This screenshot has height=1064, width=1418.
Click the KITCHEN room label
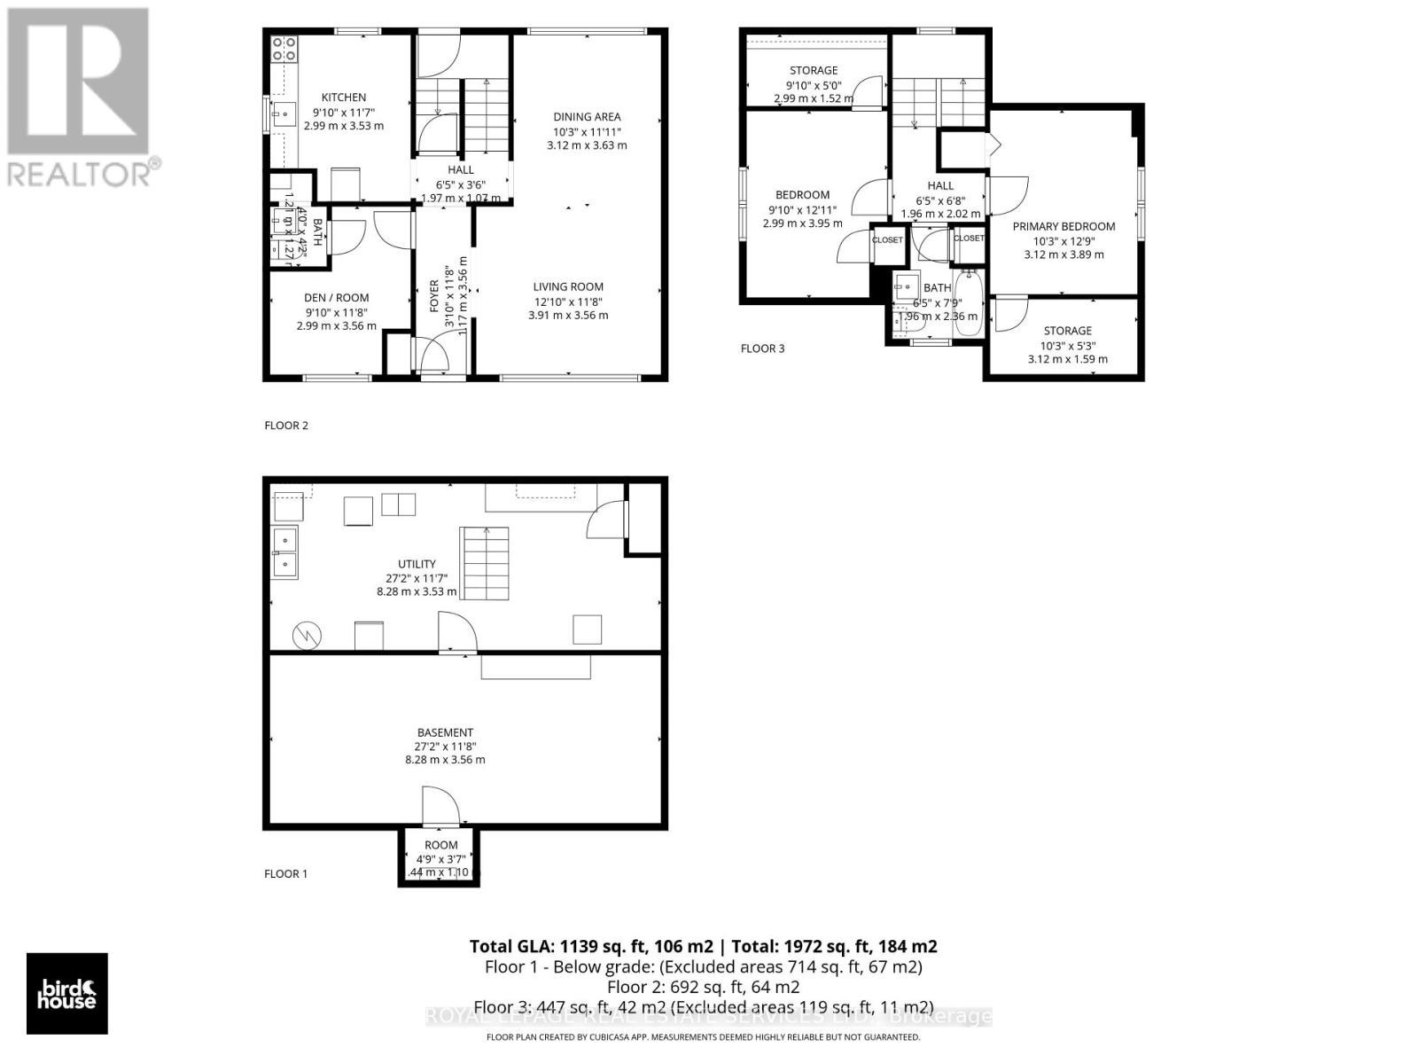point(343,98)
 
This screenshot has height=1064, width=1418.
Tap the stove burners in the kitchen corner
point(284,48)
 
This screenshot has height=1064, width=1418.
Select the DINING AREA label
point(587,117)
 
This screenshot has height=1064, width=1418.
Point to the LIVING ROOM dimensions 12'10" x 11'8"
point(568,301)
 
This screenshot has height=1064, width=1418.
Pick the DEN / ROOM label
point(337,298)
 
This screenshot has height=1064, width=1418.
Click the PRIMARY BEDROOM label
point(1063,226)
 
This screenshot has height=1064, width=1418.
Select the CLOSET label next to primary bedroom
point(968,239)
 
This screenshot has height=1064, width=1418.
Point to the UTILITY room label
point(417,564)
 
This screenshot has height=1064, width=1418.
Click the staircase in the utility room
point(484,563)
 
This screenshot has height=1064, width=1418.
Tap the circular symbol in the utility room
point(308,634)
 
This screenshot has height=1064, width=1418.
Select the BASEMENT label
point(445,732)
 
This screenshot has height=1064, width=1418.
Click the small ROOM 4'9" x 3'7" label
point(440,845)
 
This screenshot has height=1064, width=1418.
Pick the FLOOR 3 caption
point(762,348)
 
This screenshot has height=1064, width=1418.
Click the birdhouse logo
point(67,993)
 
